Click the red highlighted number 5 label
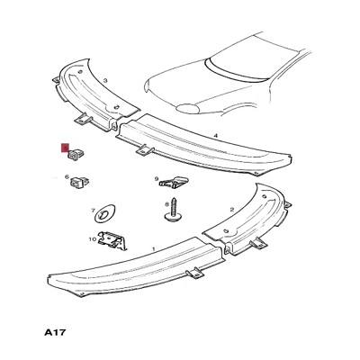point(65,148)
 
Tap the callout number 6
point(67,177)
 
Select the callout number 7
point(93,211)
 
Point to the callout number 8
point(167,205)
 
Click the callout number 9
point(157,179)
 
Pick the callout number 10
point(92,239)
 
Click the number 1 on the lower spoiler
point(154,249)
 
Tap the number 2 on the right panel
point(231,210)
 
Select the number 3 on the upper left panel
point(105,80)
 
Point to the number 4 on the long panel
point(215,136)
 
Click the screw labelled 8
point(173,210)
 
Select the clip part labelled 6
point(80,182)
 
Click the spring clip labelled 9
point(175,183)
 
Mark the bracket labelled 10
point(112,240)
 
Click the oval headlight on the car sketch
point(188,108)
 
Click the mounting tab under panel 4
point(145,151)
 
